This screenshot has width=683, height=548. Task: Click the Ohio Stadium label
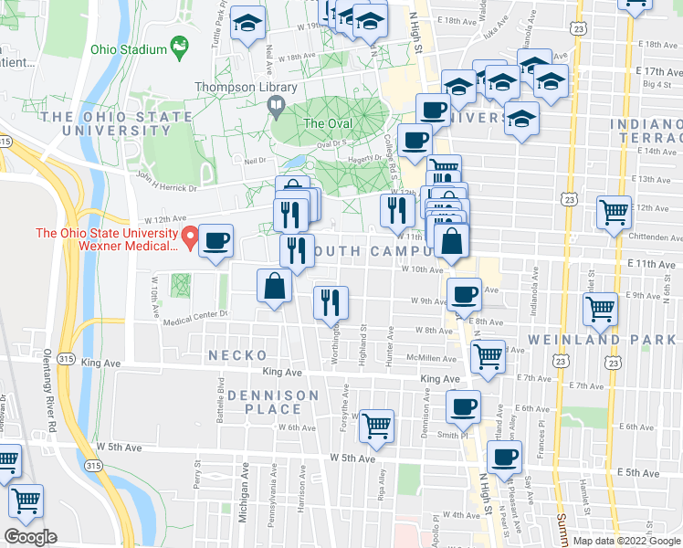[128, 48]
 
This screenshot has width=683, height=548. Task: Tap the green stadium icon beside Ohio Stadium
[180, 46]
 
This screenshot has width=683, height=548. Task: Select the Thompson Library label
[246, 88]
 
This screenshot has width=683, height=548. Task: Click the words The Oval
[327, 123]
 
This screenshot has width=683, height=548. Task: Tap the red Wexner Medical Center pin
[190, 239]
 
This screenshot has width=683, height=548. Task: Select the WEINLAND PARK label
[627, 340]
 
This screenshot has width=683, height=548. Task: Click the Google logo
[30, 537]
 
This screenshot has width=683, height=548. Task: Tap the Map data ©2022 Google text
[626, 541]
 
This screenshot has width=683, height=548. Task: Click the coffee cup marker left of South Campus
[216, 241]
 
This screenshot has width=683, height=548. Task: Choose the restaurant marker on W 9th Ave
[331, 302]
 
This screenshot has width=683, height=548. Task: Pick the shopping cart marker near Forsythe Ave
[376, 425]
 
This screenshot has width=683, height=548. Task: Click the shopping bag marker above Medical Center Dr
[274, 286]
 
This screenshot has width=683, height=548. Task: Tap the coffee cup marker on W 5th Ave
[503, 457]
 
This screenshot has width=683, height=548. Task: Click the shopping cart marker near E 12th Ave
[614, 212]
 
